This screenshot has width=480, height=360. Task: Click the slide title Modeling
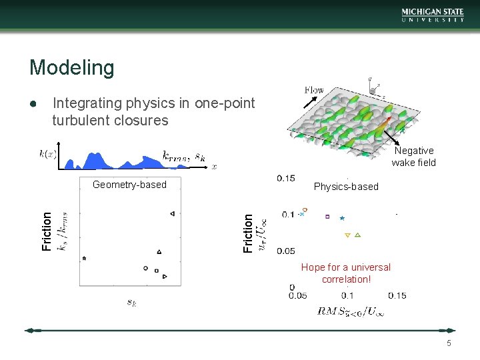pyautogui.click(x=72, y=67)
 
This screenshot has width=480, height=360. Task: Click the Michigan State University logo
pyautogui.click(x=433, y=15)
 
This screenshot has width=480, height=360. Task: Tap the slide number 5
pyautogui.click(x=449, y=343)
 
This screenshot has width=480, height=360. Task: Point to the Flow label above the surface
pyautogui.click(x=314, y=90)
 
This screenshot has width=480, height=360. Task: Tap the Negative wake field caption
pyautogui.click(x=413, y=157)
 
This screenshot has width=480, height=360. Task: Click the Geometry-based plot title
pyautogui.click(x=130, y=185)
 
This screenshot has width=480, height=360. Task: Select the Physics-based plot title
pyautogui.click(x=346, y=187)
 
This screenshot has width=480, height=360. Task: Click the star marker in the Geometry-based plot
pyautogui.click(x=84, y=258)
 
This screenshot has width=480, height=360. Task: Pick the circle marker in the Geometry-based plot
pyautogui.click(x=145, y=268)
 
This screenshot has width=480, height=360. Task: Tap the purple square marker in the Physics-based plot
pyautogui.click(x=327, y=216)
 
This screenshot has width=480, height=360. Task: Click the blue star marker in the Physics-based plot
pyautogui.click(x=342, y=218)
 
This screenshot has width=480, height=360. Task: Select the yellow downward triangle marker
pyautogui.click(x=347, y=235)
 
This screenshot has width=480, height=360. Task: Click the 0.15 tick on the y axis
pyautogui.click(x=286, y=178)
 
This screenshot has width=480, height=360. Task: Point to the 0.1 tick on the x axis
pyautogui.click(x=347, y=295)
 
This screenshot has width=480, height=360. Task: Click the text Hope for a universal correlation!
pyautogui.click(x=346, y=273)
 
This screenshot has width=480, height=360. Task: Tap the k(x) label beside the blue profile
pyautogui.click(x=47, y=154)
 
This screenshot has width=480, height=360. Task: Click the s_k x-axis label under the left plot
pyautogui.click(x=132, y=302)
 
